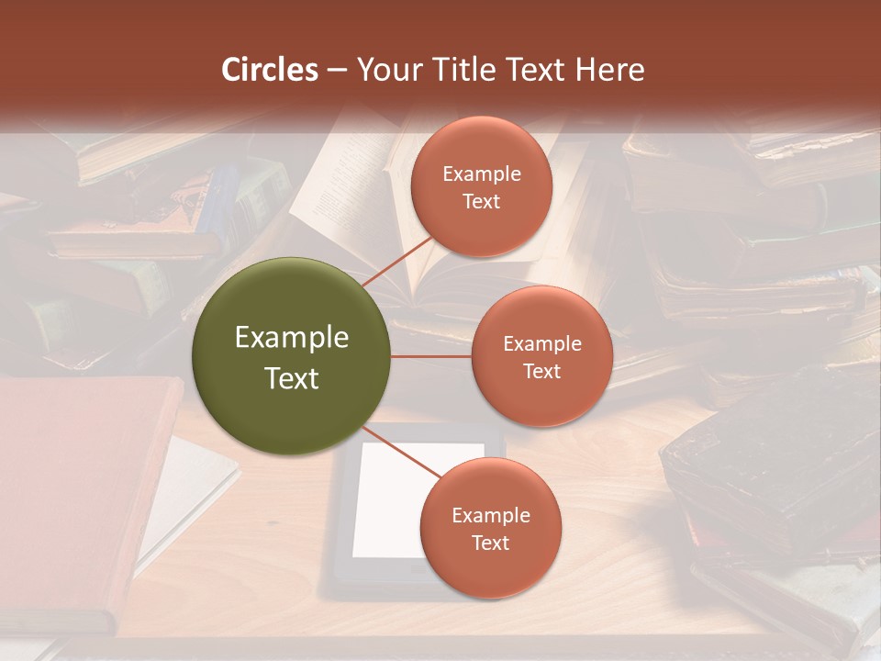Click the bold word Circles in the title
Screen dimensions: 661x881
pos(270,70)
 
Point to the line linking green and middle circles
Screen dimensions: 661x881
pos(430,356)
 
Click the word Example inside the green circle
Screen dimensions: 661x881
pos(292,338)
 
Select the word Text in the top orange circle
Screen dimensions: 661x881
pos(482,201)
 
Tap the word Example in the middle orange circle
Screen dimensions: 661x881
pos(542,344)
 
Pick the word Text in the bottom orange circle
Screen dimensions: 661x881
pos(490,543)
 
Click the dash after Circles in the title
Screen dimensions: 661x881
pos(337,70)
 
